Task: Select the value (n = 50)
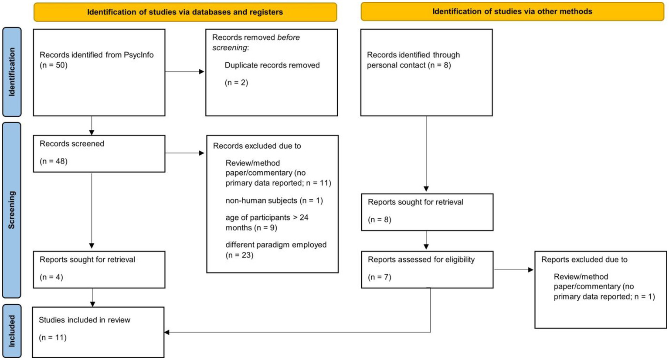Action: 54,65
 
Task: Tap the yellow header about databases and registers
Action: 185,12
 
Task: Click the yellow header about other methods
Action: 512,12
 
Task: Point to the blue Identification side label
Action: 12,72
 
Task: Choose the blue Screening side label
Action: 12,210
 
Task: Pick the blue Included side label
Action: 12,331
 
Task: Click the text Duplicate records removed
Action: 272,65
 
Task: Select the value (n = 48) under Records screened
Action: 54,161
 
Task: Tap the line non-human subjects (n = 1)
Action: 274,200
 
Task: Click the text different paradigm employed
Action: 276,245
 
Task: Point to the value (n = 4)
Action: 51,277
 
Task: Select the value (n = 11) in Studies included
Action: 53,337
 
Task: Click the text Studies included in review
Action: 85,320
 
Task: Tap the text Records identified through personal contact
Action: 413,60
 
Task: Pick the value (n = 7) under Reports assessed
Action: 380,277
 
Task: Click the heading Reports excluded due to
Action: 584,260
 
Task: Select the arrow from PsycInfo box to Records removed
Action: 185,71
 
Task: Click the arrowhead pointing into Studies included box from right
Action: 167,333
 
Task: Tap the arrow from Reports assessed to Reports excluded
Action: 513,270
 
